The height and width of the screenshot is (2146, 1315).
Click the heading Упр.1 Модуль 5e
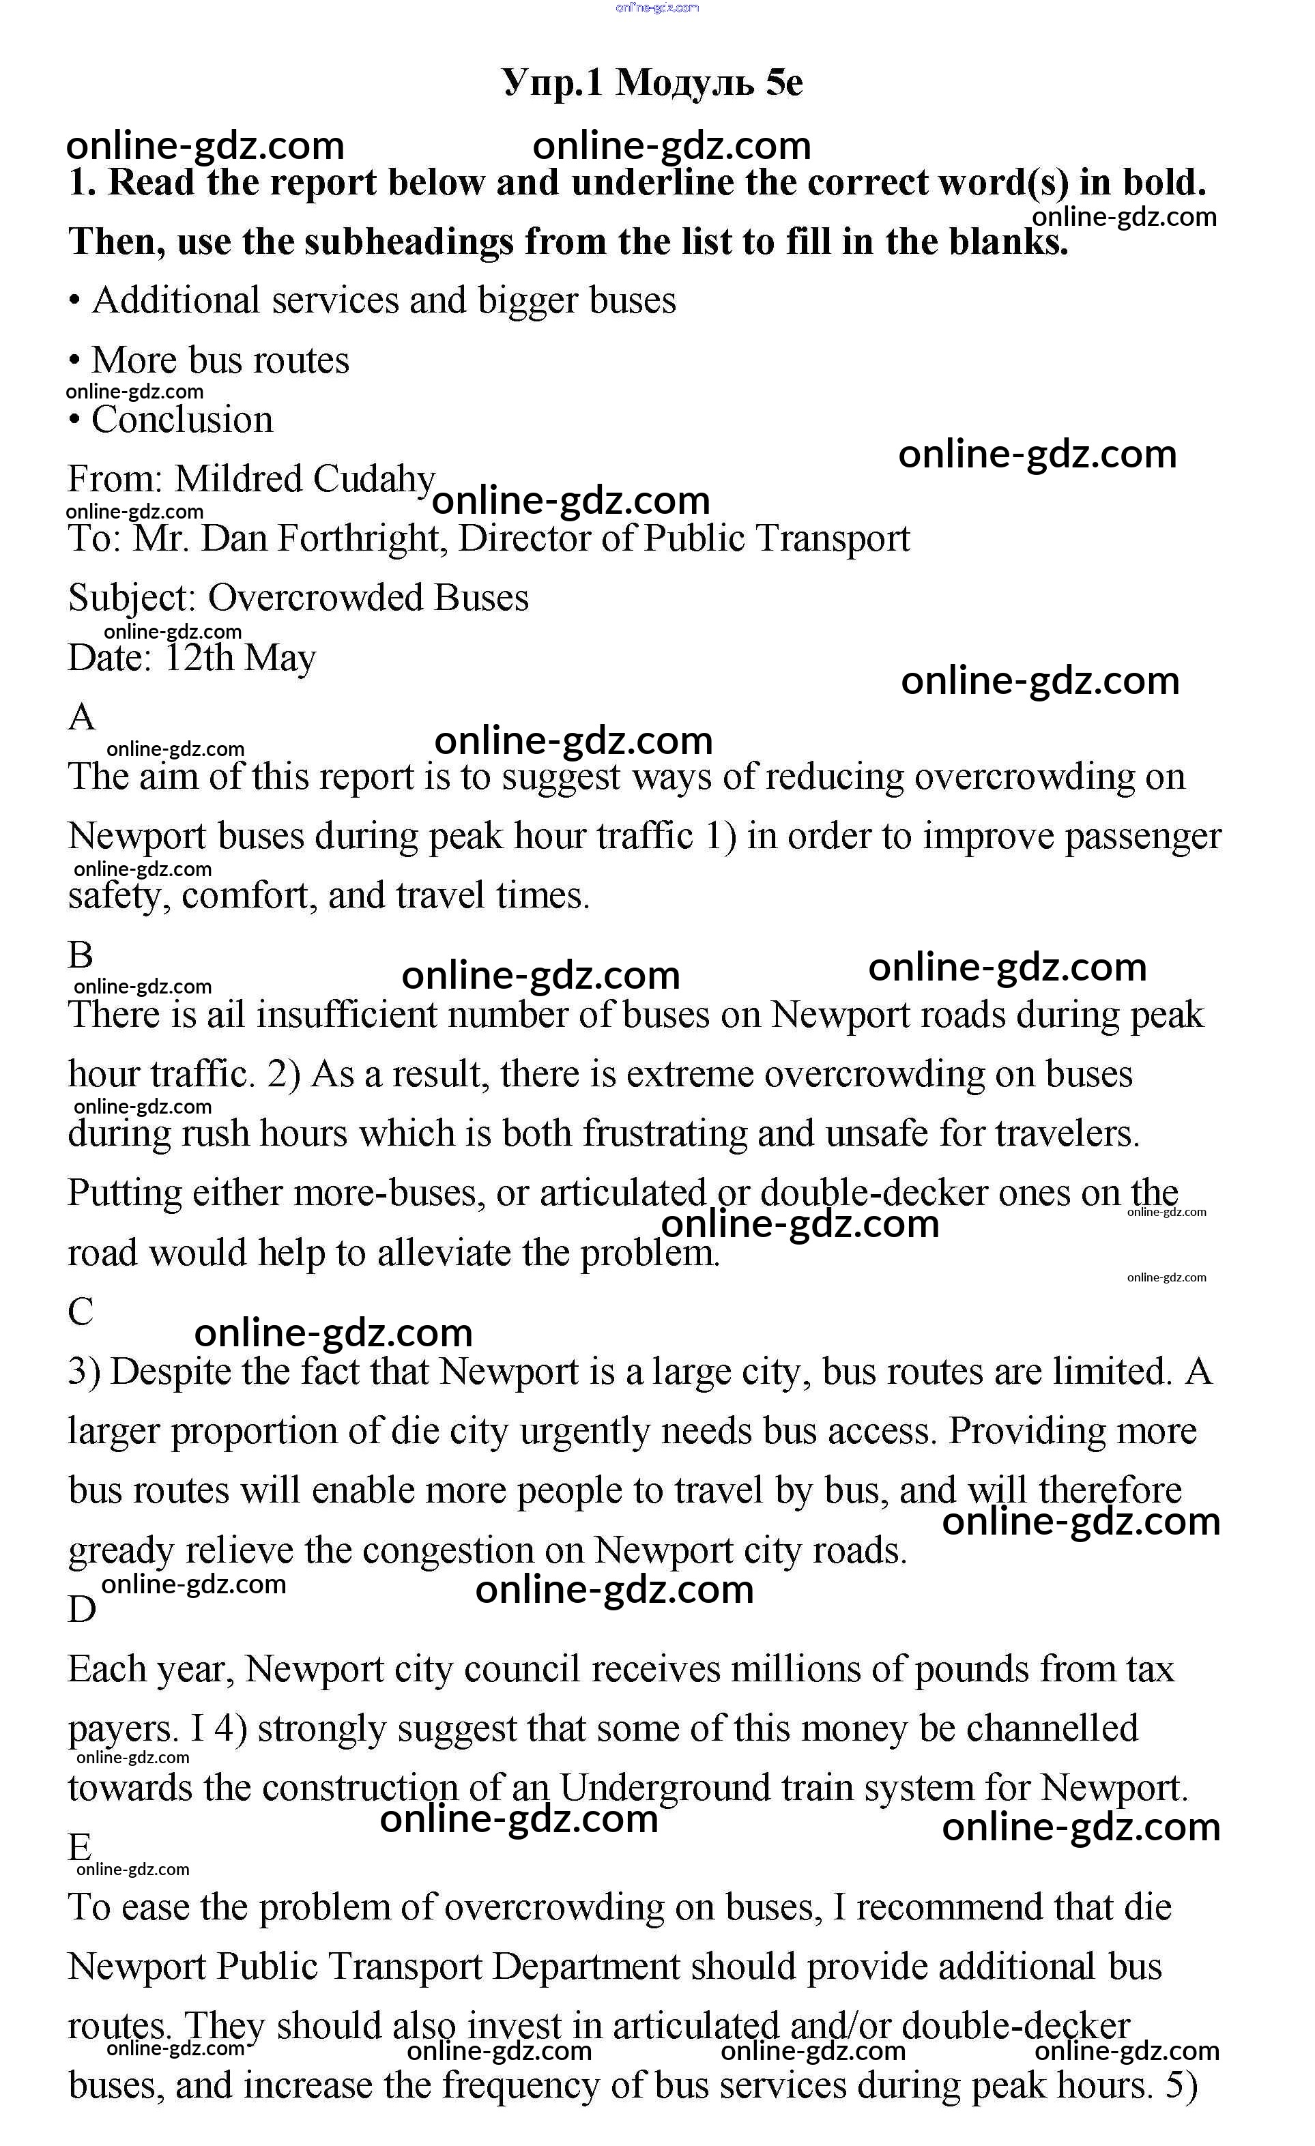(x=652, y=83)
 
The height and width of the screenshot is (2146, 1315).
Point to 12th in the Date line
(x=199, y=658)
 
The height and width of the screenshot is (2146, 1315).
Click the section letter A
(x=81, y=718)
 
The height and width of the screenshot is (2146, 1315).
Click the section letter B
(x=80, y=955)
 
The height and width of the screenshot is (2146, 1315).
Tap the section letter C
(x=80, y=1311)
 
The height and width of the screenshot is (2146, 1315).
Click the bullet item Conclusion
(x=182, y=420)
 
